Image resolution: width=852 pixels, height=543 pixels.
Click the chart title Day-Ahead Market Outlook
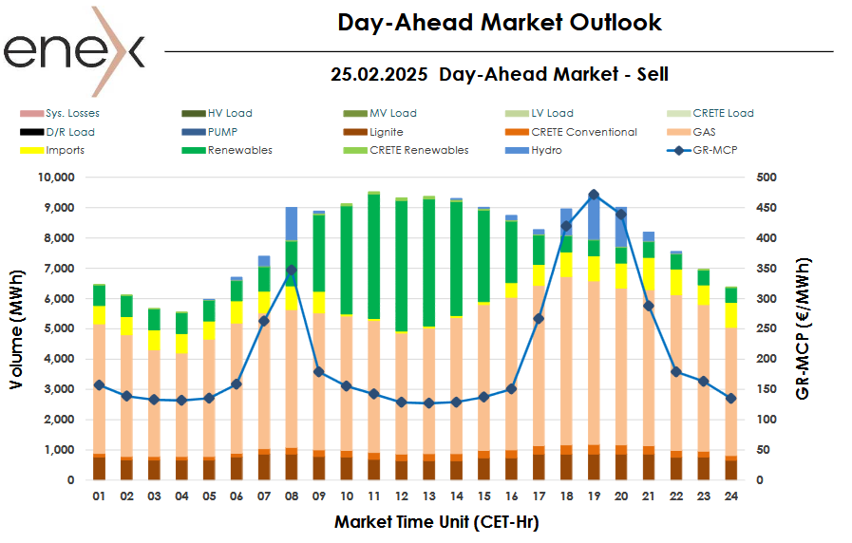[x=500, y=22]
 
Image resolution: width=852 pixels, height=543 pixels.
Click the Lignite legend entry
[x=386, y=132]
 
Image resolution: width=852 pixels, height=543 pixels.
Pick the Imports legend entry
[x=64, y=150]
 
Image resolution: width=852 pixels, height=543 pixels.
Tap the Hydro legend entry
[x=545, y=150]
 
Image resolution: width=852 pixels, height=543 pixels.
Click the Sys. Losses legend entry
[x=73, y=113]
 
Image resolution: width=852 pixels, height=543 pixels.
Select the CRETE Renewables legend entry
[x=419, y=150]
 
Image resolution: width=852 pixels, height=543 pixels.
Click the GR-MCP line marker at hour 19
[x=594, y=195]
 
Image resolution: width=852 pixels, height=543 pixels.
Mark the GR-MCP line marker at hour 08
[x=292, y=270]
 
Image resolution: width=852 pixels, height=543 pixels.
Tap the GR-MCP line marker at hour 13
[x=429, y=403]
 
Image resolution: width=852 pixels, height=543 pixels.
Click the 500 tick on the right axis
[x=767, y=178]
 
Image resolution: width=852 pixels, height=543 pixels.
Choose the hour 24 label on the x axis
[x=731, y=496]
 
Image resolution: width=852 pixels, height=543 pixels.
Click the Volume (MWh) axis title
[x=17, y=328]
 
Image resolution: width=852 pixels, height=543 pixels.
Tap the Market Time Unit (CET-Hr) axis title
[x=437, y=521]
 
